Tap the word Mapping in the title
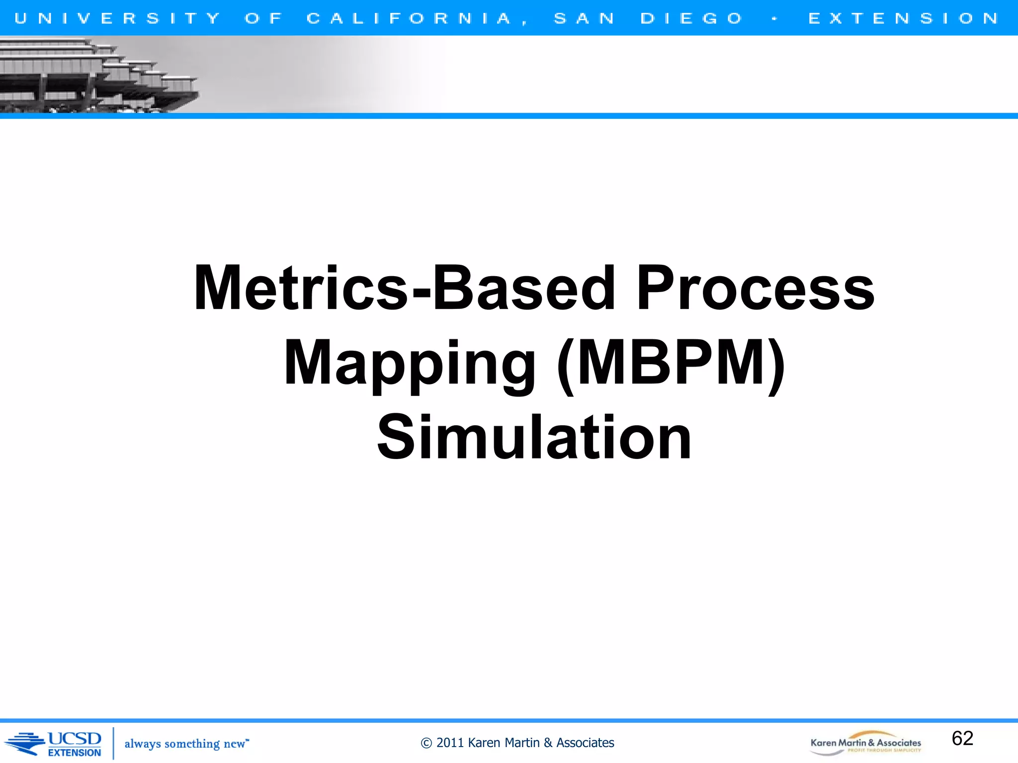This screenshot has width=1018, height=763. (x=410, y=364)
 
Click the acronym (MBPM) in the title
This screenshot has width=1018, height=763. (x=671, y=364)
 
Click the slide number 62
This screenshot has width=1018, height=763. (x=962, y=738)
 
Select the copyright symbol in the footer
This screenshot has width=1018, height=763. (x=426, y=743)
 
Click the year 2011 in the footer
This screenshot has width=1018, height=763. (x=450, y=743)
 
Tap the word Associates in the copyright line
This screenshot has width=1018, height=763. (x=585, y=743)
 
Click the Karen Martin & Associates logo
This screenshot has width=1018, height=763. (x=865, y=743)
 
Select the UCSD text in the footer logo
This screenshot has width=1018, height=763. (x=75, y=739)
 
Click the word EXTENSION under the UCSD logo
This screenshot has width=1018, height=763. (x=75, y=753)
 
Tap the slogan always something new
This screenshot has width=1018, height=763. (x=185, y=744)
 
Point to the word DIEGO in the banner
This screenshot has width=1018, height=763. (x=691, y=18)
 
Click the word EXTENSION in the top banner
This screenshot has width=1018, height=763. (x=903, y=18)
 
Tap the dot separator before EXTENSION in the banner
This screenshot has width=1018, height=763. (x=774, y=19)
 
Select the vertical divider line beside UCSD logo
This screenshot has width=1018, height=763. (x=113, y=743)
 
